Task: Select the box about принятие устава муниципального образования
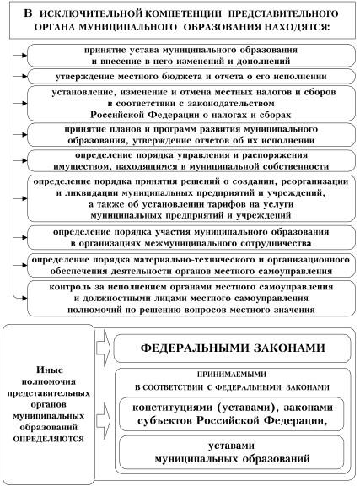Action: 191,55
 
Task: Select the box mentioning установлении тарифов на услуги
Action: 191,199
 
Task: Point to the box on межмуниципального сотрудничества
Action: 191,235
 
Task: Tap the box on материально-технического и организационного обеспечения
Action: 191,263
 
